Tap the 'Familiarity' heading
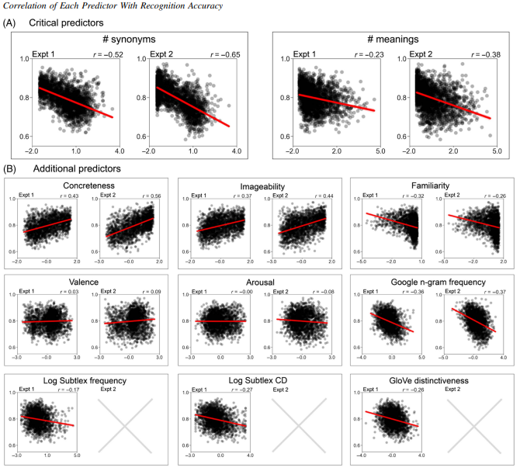click(430, 185)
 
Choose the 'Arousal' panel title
click(258, 283)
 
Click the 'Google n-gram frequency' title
click(430, 283)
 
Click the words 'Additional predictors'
click(76, 168)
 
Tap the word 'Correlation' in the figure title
click(28, 6)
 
